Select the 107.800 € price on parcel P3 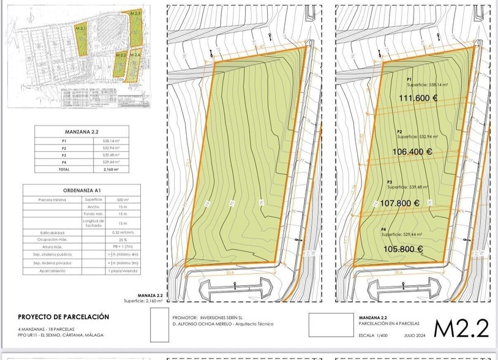pos(400,204)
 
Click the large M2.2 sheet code pos(461,329)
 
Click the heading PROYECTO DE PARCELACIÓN pos(64,317)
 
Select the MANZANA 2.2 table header pos(82,132)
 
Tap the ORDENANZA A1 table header pos(82,190)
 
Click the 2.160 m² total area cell pos(111,169)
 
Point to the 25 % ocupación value pos(123,239)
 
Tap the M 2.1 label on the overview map pos(81,29)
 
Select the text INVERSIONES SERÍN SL pos(221,318)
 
